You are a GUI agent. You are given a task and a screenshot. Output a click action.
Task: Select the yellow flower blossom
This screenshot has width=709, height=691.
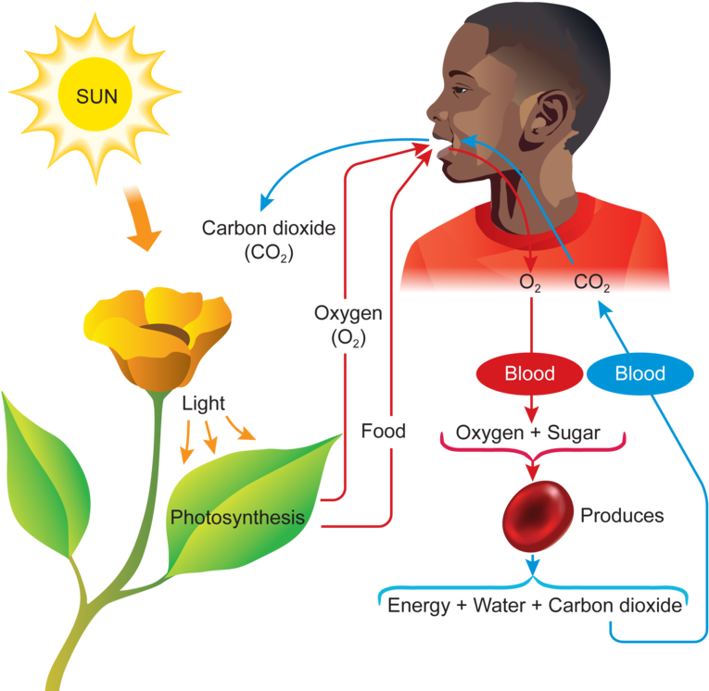158,333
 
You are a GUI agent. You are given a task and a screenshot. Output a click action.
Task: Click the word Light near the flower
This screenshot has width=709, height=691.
203,404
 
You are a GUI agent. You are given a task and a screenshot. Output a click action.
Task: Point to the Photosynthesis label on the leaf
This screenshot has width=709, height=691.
237,517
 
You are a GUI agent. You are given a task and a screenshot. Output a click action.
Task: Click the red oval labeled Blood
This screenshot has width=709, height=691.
529,374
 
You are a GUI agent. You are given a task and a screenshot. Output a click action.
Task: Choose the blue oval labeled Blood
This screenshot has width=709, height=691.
640,374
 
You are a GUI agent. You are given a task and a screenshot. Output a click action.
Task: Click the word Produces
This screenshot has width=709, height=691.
622,516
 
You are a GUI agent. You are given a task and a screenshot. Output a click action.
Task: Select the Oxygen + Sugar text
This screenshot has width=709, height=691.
528,433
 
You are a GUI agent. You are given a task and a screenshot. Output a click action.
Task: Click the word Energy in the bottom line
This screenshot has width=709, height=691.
422,607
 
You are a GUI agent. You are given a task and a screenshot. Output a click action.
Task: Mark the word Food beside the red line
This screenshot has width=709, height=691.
384,431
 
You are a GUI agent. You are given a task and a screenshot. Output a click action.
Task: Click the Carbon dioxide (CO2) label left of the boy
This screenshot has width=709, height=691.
255,240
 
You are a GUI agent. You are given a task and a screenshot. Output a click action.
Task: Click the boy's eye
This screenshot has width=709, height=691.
462,90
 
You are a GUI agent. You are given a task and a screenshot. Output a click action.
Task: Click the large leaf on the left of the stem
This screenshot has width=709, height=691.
42,472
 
